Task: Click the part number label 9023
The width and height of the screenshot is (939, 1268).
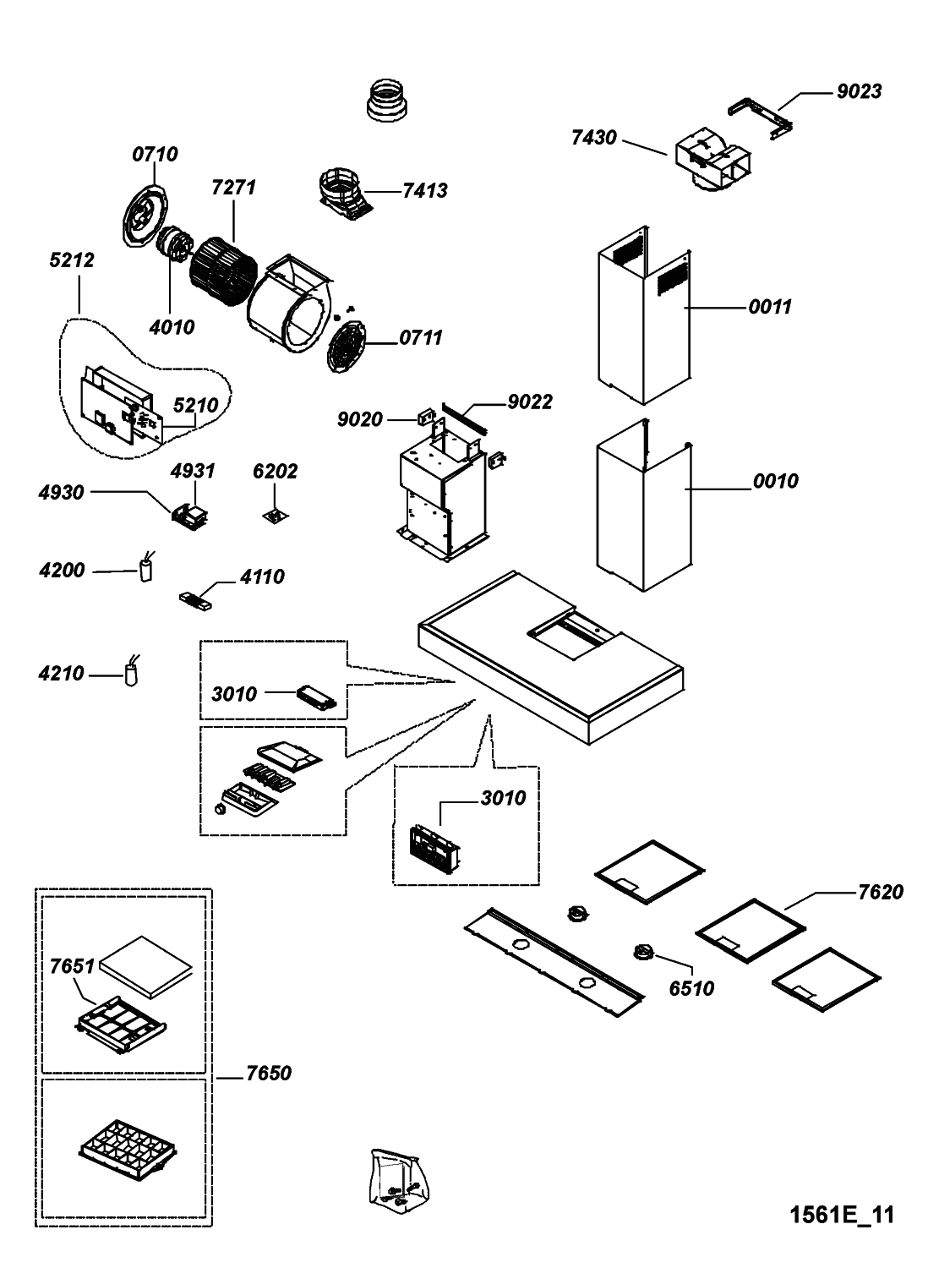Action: click(x=859, y=91)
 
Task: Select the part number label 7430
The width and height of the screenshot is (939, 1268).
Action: click(x=593, y=137)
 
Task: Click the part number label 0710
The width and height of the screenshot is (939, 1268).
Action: click(x=155, y=154)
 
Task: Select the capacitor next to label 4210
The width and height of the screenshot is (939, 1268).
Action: click(x=131, y=673)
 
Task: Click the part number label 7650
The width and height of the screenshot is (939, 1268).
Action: click(x=269, y=1073)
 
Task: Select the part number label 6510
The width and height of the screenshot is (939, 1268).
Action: click(x=691, y=987)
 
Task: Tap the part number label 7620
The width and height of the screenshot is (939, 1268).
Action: click(x=880, y=892)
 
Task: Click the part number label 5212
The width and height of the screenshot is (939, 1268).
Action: click(x=72, y=260)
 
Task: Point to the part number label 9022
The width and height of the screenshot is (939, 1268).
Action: click(x=529, y=402)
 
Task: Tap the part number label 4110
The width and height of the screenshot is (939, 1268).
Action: click(x=262, y=577)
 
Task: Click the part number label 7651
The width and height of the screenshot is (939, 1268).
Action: click(x=72, y=965)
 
